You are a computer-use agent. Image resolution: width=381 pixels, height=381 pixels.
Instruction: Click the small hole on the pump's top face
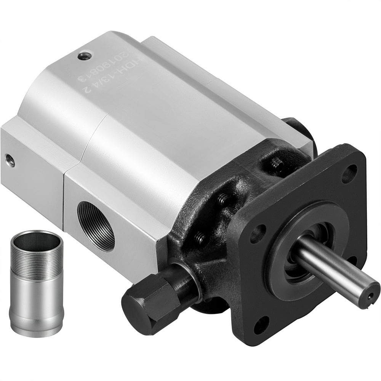coord(84,56)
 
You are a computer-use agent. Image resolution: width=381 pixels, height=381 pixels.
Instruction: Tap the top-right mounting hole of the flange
coord(349,173)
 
